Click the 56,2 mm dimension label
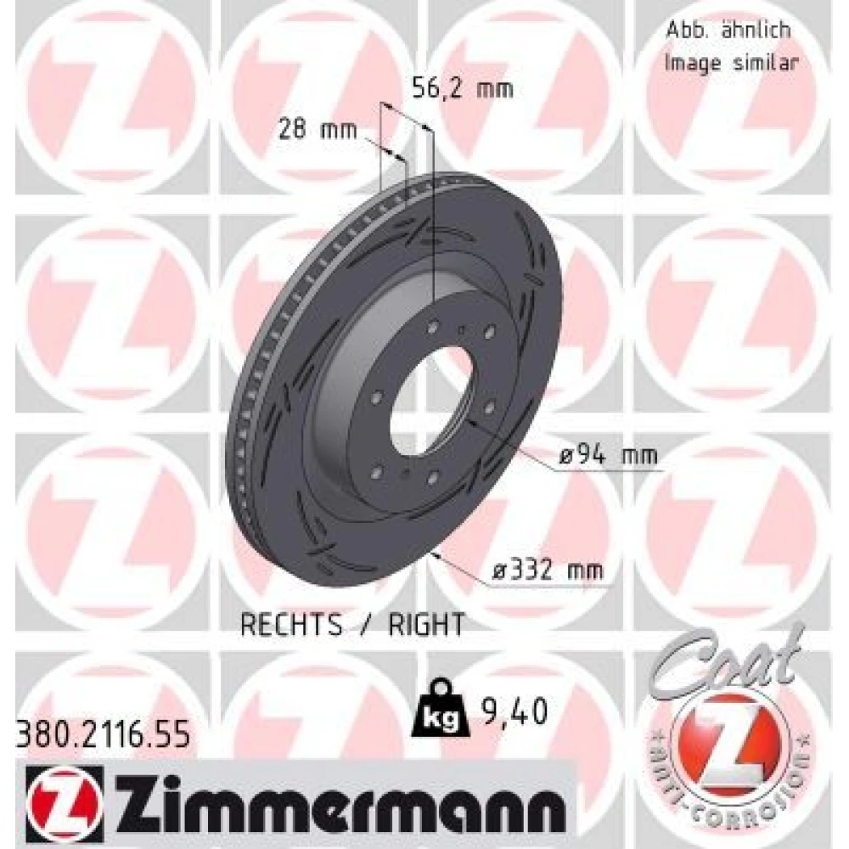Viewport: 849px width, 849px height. pos(463,89)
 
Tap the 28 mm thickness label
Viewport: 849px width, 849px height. pos(318,130)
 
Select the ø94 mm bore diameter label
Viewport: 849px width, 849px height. pos(608,455)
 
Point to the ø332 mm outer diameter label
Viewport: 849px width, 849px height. pos(548,570)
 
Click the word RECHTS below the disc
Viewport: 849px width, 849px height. pos(291,624)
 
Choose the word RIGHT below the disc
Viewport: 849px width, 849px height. pos(426,624)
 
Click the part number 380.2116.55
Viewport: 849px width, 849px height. pos(103,734)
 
